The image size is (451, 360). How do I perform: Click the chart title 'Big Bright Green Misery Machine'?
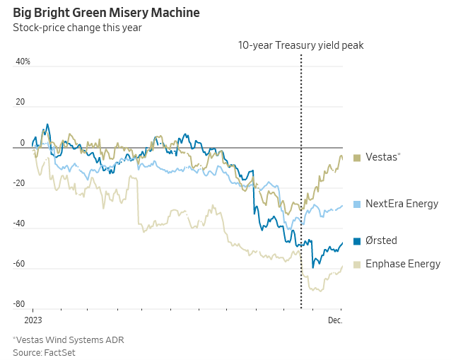pos(106,13)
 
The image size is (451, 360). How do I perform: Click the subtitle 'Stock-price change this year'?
pos(77,28)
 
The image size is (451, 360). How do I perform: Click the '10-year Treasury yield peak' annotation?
pos(300,45)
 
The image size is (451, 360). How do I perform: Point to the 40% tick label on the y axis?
pos(23,62)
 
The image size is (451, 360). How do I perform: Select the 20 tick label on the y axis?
pos(20,102)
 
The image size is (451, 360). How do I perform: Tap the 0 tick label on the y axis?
pos(23,143)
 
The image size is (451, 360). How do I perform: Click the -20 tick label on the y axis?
pos(19,183)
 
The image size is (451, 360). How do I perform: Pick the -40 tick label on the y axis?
pos(19,223)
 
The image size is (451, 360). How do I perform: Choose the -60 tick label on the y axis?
pos(19,264)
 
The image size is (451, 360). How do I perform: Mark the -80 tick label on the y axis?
pos(19,305)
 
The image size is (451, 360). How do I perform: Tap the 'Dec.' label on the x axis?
pos(335,320)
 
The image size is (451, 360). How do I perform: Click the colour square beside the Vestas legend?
pos(357,158)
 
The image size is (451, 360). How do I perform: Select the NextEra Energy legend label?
pos(402,204)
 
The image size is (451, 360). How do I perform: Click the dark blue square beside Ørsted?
pos(357,241)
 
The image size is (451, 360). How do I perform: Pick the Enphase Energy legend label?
pos(402,264)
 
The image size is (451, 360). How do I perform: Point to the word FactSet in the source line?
pos(59,352)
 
